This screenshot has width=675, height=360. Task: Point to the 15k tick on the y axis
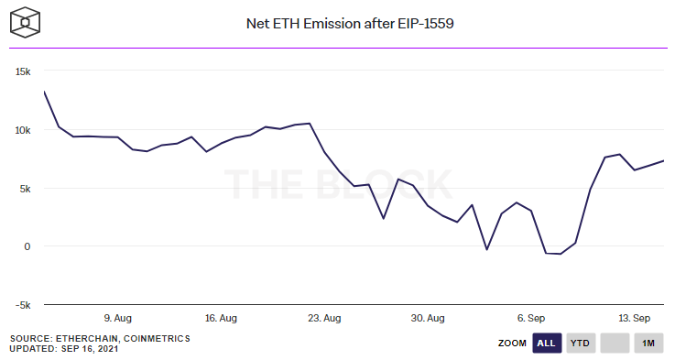pyautogui.click(x=22, y=71)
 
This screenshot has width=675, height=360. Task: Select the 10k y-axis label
pyautogui.click(x=22, y=130)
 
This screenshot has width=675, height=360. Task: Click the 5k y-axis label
pyautogui.click(x=26, y=189)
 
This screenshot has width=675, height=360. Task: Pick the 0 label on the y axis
pyautogui.click(x=29, y=246)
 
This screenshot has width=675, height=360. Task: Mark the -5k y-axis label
pyautogui.click(x=24, y=305)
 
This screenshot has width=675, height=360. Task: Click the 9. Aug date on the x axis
pyautogui.click(x=119, y=318)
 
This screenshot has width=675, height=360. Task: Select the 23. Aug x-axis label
pyautogui.click(x=324, y=318)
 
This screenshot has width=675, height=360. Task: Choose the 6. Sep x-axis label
pyautogui.click(x=532, y=318)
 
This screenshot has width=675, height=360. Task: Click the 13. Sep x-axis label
pyautogui.click(x=634, y=318)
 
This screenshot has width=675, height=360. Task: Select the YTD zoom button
pyautogui.click(x=579, y=344)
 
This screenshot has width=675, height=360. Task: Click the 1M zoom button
pyautogui.click(x=648, y=344)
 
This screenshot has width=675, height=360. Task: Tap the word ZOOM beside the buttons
pyautogui.click(x=512, y=344)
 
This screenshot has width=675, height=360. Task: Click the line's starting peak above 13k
pyautogui.click(x=44, y=92)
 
